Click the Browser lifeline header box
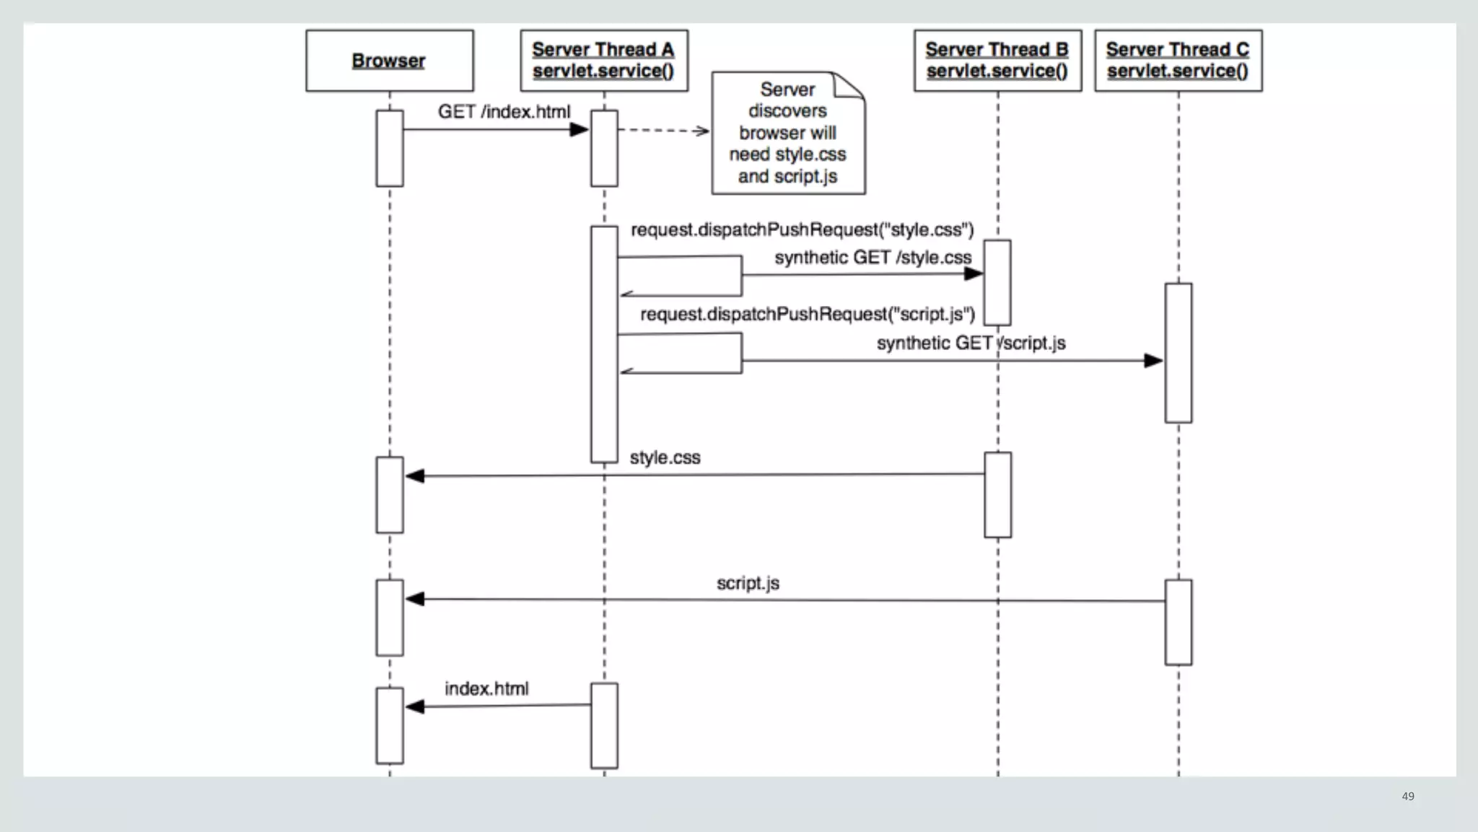[389, 61]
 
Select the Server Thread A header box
[604, 61]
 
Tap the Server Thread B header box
[997, 61]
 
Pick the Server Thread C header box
[1178, 61]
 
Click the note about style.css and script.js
[787, 133]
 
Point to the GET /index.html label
[504, 112]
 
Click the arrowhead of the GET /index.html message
[580, 130]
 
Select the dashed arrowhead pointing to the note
[702, 131]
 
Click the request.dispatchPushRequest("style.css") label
[802, 229]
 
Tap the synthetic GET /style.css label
[873, 258]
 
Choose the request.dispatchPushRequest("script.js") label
[807, 315]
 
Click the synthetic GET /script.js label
[971, 343]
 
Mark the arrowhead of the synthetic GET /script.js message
[1153, 361]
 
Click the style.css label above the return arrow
[665, 457]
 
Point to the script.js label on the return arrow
[748, 583]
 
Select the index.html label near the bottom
[486, 688]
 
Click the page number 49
[1407, 796]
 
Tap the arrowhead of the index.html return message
[415, 706]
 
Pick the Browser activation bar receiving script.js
[390, 618]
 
